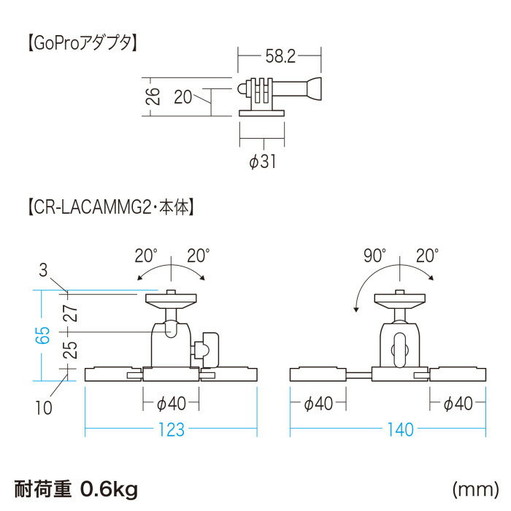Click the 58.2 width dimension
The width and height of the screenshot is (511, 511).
(x=280, y=56)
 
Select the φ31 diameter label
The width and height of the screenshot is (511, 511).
(x=262, y=161)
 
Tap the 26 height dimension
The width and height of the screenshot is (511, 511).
(x=153, y=96)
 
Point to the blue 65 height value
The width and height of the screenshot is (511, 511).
(x=42, y=335)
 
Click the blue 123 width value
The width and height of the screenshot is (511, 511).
(x=172, y=429)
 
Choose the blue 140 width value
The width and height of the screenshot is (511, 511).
(x=401, y=429)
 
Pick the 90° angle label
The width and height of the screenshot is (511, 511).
(x=374, y=255)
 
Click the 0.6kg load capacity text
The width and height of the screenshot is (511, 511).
(x=109, y=489)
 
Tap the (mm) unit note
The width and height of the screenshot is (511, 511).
(x=475, y=489)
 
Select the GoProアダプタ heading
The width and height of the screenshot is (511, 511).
(x=82, y=43)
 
